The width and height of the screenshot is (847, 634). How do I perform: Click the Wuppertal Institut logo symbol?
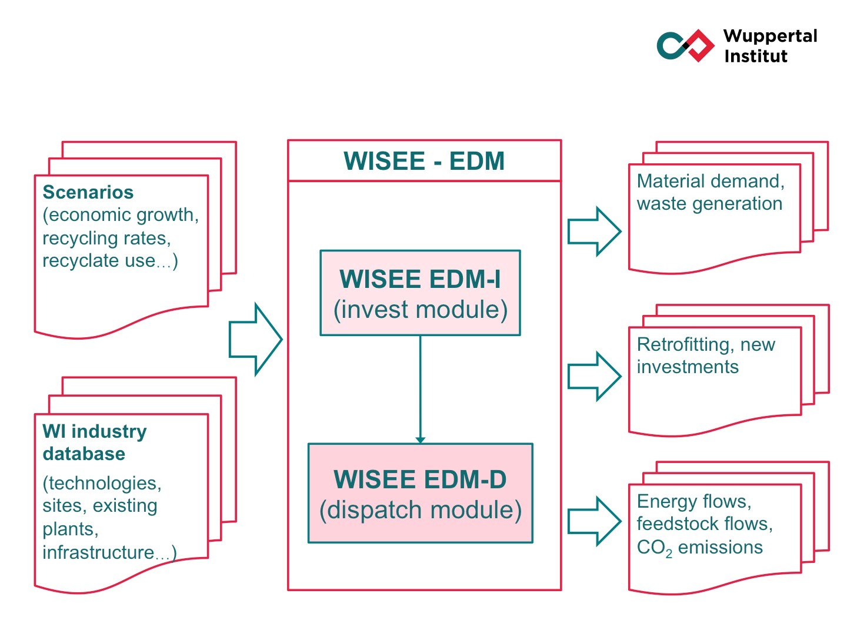click(x=685, y=45)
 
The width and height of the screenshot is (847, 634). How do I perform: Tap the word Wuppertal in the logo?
click(x=770, y=36)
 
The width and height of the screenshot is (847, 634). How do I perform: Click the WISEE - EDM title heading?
click(x=424, y=161)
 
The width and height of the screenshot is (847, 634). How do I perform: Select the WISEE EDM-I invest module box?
click(x=420, y=293)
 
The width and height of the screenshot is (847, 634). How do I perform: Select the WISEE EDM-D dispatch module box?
click(x=420, y=494)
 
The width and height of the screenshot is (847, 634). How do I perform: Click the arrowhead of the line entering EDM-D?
click(x=420, y=441)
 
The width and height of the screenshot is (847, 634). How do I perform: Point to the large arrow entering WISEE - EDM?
click(x=255, y=339)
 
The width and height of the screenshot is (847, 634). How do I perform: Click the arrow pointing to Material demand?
click(x=594, y=232)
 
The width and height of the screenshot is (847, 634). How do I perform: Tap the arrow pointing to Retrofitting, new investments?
click(x=594, y=376)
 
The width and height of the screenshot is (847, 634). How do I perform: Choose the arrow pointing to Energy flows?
click(x=594, y=521)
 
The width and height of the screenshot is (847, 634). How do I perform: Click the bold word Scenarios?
click(x=88, y=192)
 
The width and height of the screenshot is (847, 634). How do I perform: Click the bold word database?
click(x=84, y=454)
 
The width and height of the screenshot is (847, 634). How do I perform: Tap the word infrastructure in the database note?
click(x=98, y=552)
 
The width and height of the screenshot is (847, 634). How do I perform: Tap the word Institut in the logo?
click(x=756, y=56)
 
